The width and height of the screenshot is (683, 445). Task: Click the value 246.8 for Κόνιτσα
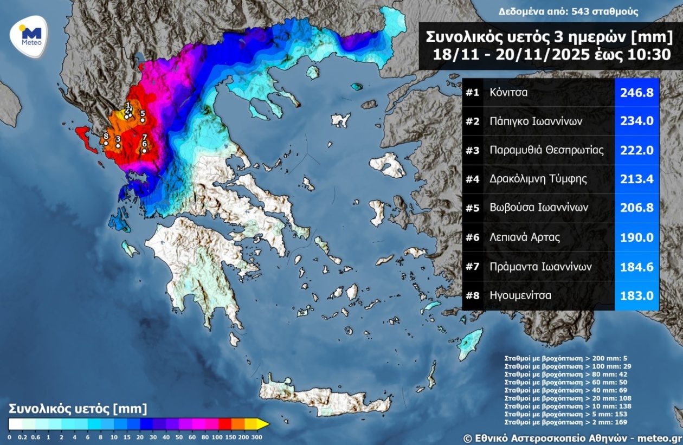coord(636,92)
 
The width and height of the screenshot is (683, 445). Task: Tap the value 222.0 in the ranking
coord(636,150)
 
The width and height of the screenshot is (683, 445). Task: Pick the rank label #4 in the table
coord(473,179)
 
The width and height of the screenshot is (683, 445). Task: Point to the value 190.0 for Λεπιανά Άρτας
coord(636,237)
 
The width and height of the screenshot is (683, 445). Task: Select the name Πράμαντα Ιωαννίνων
coord(540,266)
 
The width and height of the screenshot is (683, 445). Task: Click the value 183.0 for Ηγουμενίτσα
coord(636,295)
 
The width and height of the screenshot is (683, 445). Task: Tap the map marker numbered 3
coord(118,145)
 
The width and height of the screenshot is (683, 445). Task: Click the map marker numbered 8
coord(106,143)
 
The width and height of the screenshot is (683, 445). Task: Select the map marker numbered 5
coord(143,120)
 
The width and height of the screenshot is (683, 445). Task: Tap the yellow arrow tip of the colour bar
coord(264,423)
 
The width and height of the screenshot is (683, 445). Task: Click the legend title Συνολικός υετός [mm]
coord(78,408)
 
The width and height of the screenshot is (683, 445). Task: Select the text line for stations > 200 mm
coord(566,358)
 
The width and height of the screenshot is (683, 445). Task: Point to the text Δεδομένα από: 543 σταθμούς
coord(568,11)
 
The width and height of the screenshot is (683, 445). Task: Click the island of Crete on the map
coord(325,398)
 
